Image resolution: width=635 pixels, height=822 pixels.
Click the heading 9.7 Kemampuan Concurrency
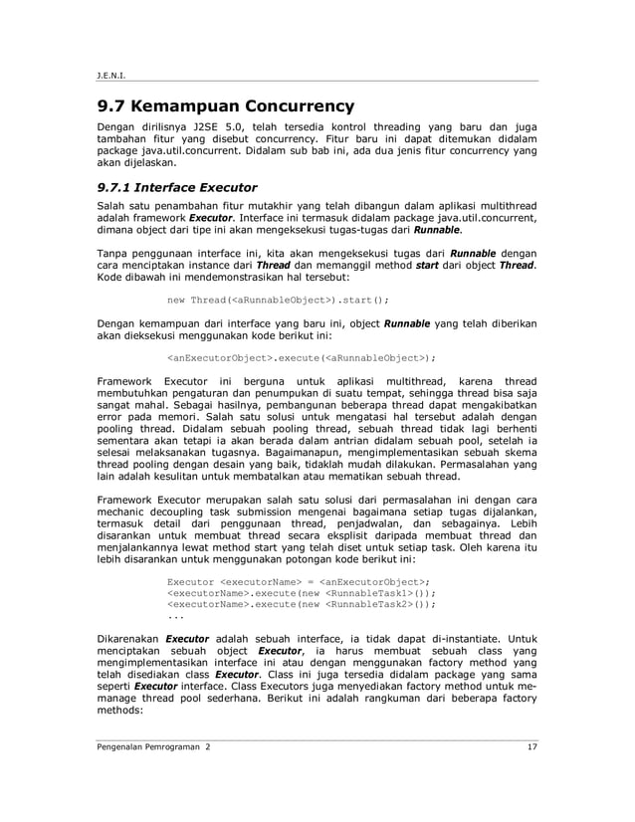(225, 105)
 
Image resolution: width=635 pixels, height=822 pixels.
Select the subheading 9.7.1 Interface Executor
(177, 186)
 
